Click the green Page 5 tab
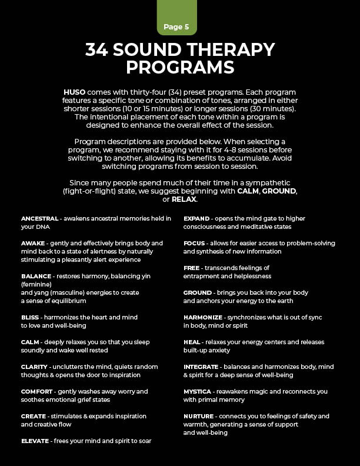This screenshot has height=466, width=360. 180,26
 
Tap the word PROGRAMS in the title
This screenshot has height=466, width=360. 180,68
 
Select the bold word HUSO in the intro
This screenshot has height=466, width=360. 75,93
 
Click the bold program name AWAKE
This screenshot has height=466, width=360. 33,243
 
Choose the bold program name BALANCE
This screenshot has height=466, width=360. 36,275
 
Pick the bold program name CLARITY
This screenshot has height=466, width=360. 34,367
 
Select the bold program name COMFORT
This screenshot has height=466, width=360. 37,391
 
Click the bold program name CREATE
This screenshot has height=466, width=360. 34,416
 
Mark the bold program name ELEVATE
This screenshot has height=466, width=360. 35,441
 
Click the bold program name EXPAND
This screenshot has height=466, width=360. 196,218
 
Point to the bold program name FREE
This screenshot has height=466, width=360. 192,268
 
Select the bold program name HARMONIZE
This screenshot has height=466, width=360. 203,317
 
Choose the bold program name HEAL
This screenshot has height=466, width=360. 192,342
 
